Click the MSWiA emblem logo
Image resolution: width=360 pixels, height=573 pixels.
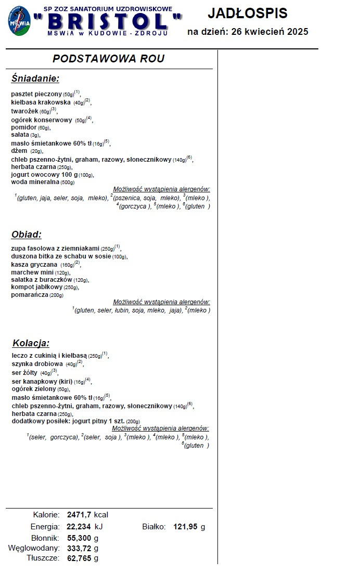click(x=19, y=21)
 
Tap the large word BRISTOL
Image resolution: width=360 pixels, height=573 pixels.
click(x=108, y=22)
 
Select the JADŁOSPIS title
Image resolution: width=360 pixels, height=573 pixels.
click(x=247, y=13)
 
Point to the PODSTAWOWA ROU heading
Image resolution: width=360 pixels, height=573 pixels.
click(x=108, y=59)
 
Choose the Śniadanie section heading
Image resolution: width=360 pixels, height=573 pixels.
click(x=35, y=79)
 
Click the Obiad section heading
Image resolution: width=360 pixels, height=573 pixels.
click(x=26, y=235)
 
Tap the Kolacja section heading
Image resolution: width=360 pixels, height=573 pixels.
click(x=31, y=343)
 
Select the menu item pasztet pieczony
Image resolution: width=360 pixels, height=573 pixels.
click(x=36, y=94)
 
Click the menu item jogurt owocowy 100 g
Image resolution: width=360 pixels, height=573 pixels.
click(x=44, y=175)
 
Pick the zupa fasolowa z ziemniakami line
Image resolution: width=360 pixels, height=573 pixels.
click(x=55, y=248)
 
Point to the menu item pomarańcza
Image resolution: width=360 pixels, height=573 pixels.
click(x=30, y=295)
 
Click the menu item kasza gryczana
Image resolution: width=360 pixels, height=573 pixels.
click(x=34, y=265)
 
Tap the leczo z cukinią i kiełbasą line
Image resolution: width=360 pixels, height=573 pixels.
click(x=49, y=356)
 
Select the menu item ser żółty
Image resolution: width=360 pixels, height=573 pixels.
click(x=24, y=372)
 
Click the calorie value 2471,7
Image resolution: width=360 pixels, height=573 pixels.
click(x=79, y=515)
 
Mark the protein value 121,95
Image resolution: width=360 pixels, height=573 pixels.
click(x=186, y=527)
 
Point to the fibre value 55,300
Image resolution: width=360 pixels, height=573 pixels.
click(x=79, y=538)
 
